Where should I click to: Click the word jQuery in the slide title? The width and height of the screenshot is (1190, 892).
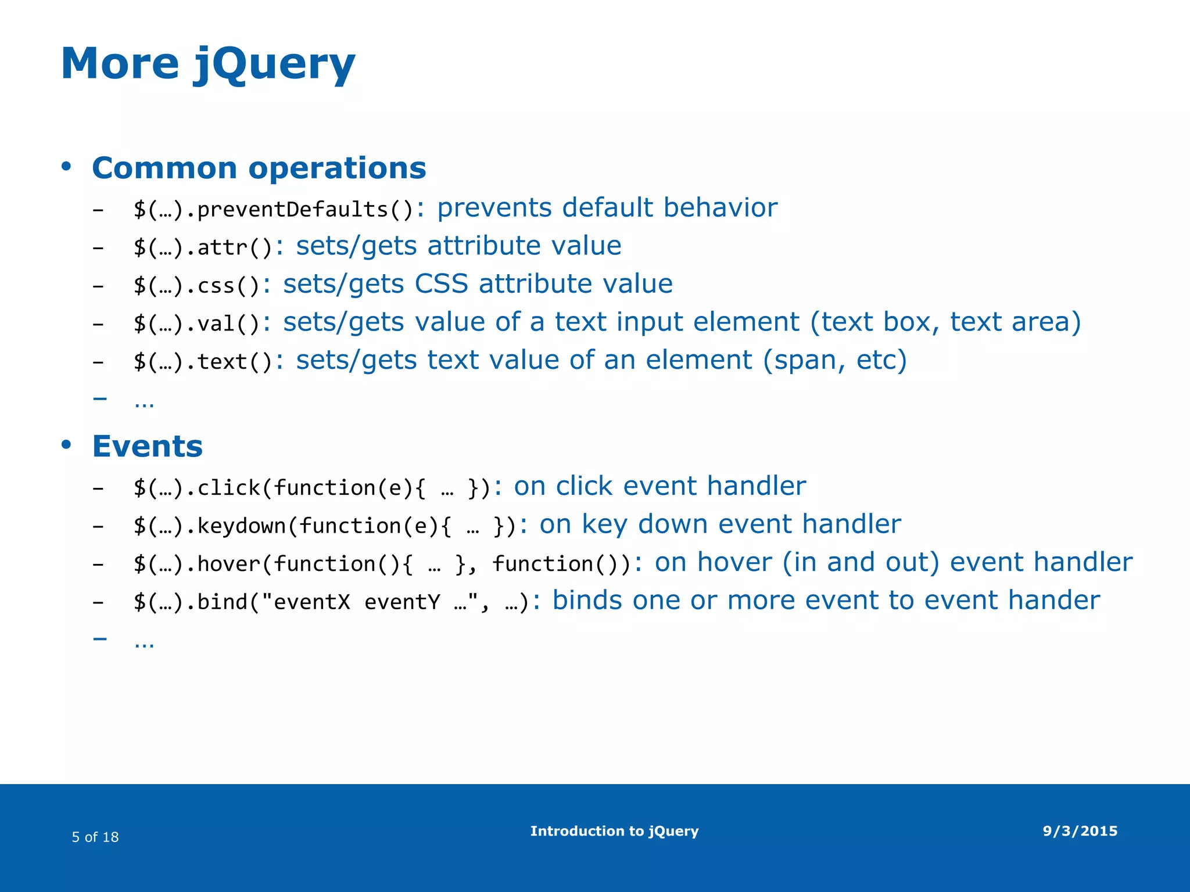[x=273, y=64]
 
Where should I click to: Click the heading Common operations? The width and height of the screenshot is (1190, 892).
[x=259, y=168]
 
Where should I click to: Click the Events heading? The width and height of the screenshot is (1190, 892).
[x=147, y=447]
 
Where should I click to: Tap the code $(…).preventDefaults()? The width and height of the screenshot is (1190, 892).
[x=273, y=209]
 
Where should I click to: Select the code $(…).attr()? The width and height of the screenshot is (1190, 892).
[x=203, y=247]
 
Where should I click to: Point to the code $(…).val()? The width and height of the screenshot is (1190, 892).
[x=196, y=323]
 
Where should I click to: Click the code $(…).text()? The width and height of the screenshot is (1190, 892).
[x=203, y=362]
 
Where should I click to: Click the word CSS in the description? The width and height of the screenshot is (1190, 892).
[x=441, y=284]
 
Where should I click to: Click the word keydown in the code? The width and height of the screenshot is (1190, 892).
[x=241, y=526]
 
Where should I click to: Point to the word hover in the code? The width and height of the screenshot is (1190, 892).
[x=228, y=564]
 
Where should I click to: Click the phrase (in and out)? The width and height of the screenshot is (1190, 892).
[x=861, y=563]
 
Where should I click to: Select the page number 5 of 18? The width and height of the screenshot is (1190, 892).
[x=95, y=837]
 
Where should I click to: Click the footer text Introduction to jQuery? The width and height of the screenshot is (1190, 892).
[x=614, y=831]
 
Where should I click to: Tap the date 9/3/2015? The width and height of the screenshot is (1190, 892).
[x=1080, y=831]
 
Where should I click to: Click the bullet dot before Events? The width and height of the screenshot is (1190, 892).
[x=66, y=445]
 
